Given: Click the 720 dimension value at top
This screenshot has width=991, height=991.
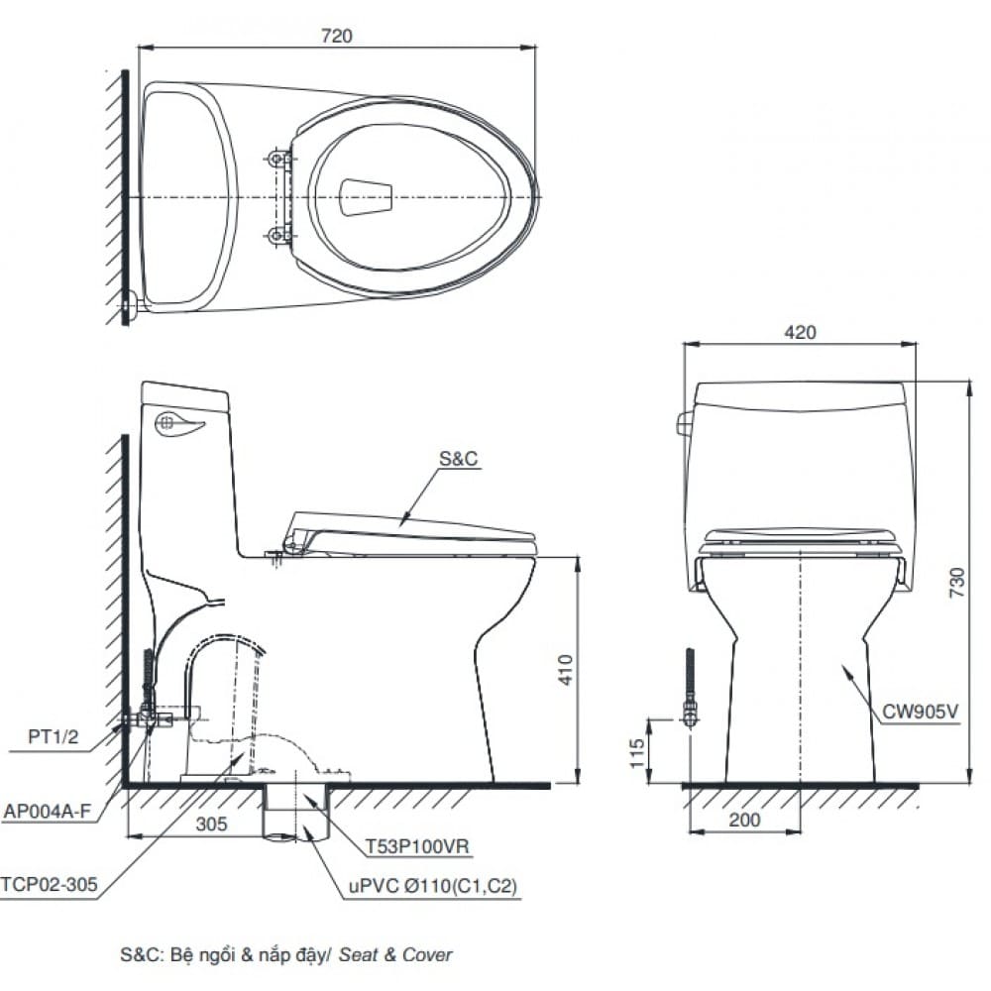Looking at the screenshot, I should click(x=337, y=35).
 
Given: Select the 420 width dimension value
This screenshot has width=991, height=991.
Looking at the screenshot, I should click(x=800, y=332).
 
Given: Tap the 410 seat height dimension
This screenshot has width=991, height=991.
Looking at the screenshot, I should click(x=565, y=670).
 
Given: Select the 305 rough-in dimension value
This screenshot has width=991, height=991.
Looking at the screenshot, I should click(x=211, y=824).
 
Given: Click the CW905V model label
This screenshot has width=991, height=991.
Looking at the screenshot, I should click(x=920, y=712).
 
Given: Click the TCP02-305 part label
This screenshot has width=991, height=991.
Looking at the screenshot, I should click(x=50, y=885).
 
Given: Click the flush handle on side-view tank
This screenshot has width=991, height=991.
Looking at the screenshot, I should click(x=179, y=424).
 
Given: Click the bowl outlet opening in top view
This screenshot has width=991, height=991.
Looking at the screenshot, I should click(x=366, y=196).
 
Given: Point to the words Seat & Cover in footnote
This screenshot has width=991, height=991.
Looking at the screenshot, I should click(x=395, y=955).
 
